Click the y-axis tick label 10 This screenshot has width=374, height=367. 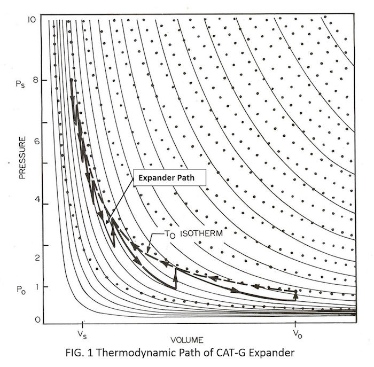click(x=32, y=19)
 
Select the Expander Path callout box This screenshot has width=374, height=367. click(x=165, y=178)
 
